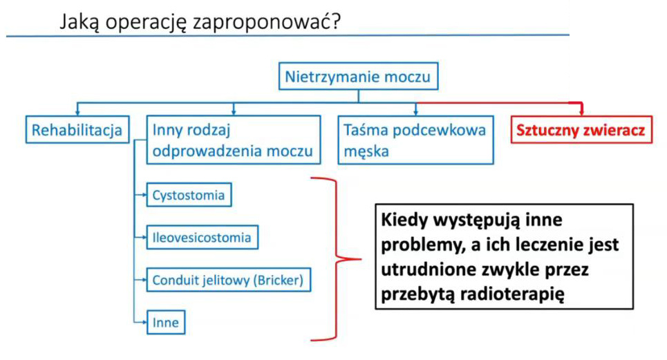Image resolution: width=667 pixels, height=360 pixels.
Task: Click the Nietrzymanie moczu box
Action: (358, 76)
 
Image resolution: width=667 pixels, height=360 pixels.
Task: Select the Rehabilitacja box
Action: (77, 130)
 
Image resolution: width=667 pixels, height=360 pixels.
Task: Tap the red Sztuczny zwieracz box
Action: (581, 130)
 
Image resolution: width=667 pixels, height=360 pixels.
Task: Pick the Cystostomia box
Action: (189, 195)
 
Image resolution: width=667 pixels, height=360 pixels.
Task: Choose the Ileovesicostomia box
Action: (202, 237)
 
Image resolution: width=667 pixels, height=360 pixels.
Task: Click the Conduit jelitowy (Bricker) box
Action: (228, 280)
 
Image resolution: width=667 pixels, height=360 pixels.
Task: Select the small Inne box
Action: (166, 322)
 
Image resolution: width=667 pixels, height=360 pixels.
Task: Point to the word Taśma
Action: (366, 130)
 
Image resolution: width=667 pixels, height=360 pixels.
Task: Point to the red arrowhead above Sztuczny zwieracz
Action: (581, 111)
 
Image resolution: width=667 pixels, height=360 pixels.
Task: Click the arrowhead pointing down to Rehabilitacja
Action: (77, 112)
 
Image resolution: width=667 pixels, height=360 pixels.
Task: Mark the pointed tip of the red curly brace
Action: (361, 259)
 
